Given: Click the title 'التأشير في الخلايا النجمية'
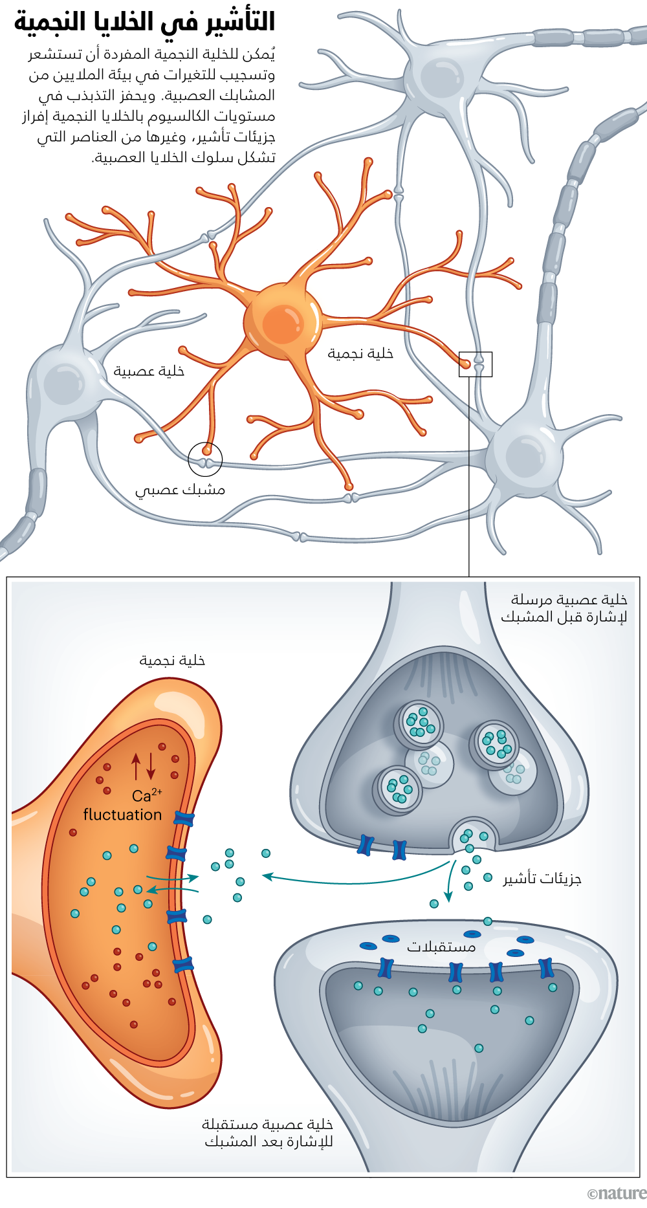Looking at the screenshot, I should [145, 22].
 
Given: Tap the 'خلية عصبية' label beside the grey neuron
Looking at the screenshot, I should [149, 371].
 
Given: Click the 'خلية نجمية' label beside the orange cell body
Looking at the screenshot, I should [360, 353].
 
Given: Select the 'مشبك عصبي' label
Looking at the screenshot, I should [180, 490].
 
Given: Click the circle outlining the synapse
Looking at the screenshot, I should [205, 459].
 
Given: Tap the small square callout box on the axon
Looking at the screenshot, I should [476, 364].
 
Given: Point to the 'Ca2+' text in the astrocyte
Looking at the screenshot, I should [146, 796].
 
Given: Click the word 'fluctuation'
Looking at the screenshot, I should [122, 815].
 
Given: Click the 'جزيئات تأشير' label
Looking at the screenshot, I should [542, 879].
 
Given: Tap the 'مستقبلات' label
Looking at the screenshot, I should [441, 947].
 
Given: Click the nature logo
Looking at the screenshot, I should [616, 1194].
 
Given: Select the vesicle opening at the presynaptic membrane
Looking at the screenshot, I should [474, 835].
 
